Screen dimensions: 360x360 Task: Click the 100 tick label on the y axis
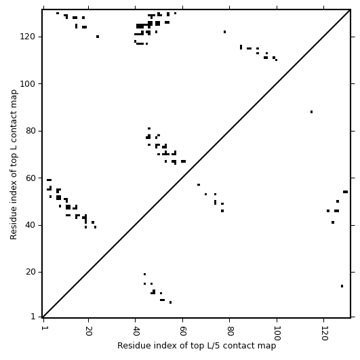27,84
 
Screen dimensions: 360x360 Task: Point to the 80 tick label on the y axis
30,131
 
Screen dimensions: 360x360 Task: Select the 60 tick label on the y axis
30,178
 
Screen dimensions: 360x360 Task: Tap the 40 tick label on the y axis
30,225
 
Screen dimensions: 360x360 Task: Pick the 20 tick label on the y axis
30,272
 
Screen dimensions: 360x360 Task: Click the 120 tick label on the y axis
27,37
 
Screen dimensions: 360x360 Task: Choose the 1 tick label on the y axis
33,317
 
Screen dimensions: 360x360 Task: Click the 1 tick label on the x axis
43,327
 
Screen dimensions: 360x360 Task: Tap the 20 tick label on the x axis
88,330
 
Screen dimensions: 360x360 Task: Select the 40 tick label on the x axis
135,330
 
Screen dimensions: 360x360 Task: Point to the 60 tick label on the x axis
182,330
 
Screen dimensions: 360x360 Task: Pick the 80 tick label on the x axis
230,330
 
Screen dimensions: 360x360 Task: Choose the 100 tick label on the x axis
277,333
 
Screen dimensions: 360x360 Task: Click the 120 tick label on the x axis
323,333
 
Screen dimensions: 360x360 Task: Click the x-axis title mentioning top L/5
197,346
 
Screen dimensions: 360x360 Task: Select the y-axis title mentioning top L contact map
14,165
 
